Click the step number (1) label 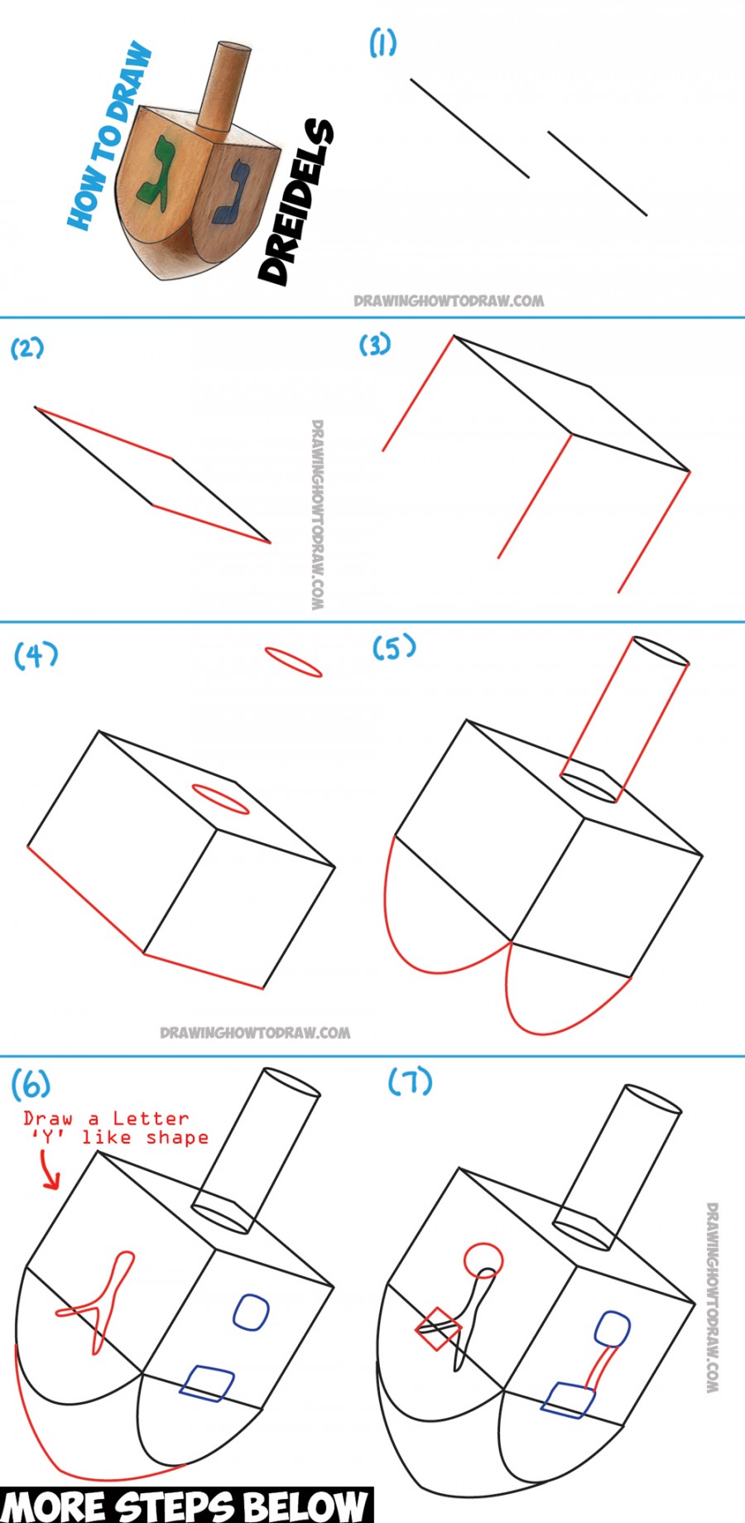[382, 42]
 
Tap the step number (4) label [36, 655]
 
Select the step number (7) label [410, 1082]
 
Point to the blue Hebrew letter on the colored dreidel [231, 194]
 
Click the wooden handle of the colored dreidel [223, 87]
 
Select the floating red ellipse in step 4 [293, 663]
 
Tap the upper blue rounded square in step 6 [251, 1313]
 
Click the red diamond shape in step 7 [438, 1328]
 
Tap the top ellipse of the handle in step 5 [659, 651]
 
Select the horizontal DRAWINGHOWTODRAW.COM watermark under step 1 [449, 301]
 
